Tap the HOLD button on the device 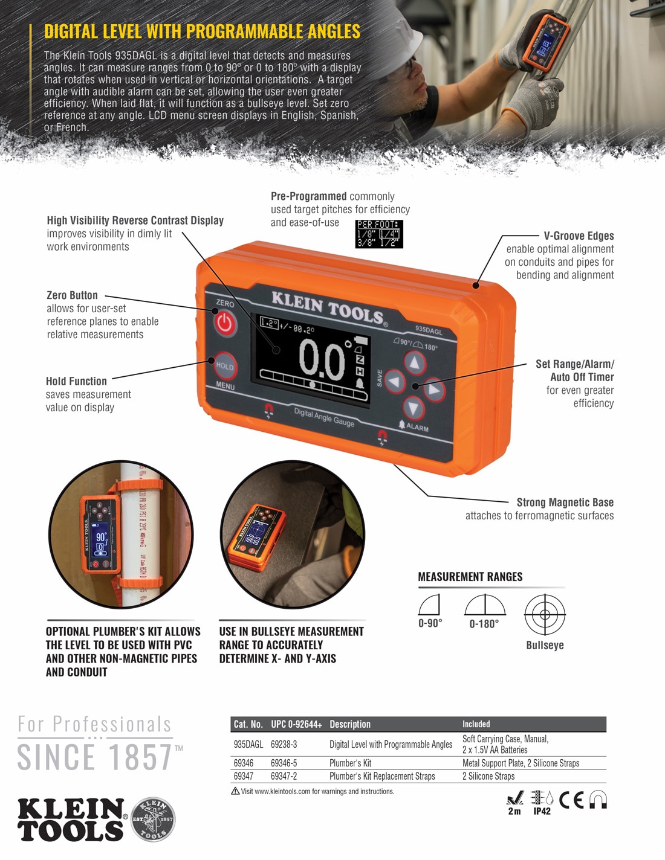point(224,366)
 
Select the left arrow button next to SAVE point(395,381)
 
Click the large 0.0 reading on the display point(322,361)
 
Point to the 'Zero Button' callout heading point(72,295)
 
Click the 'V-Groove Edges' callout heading point(579,236)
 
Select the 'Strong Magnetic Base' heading point(565,502)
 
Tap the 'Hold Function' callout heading point(76,381)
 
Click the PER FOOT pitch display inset point(379,234)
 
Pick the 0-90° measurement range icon point(429,605)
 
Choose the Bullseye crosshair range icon point(545,614)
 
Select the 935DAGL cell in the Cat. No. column point(248,745)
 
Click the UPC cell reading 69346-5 point(284,763)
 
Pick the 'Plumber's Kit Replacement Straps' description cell point(382,776)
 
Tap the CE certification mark point(571,800)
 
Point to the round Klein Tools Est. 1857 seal point(153,820)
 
